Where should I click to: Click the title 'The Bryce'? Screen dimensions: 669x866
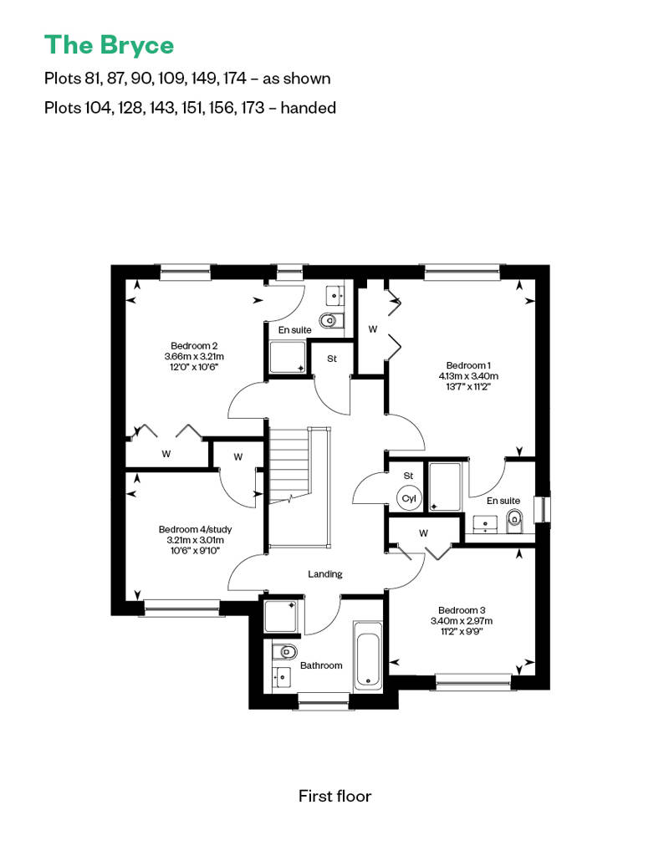click(x=109, y=46)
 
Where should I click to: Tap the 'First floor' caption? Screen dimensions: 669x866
click(x=334, y=796)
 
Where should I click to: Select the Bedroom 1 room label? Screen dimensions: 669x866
click(x=468, y=365)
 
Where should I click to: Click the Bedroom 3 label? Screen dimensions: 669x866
click(x=462, y=610)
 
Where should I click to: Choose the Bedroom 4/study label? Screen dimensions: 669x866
click(x=195, y=529)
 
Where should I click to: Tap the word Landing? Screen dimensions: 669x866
click(x=324, y=573)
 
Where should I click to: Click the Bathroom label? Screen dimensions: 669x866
click(x=321, y=665)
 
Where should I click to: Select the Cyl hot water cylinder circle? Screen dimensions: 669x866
click(x=409, y=498)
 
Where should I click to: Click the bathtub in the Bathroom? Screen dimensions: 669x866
click(x=367, y=656)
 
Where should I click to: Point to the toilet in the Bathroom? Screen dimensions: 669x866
click(x=285, y=652)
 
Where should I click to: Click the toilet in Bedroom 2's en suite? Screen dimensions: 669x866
click(x=331, y=320)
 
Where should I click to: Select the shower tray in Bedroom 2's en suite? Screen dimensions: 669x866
click(x=288, y=357)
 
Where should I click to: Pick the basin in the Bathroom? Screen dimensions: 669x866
click(x=282, y=676)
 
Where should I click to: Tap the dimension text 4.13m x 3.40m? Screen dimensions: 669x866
click(x=468, y=376)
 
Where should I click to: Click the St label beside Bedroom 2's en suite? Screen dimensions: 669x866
click(x=331, y=359)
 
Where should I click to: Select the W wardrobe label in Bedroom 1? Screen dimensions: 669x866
click(x=373, y=329)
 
